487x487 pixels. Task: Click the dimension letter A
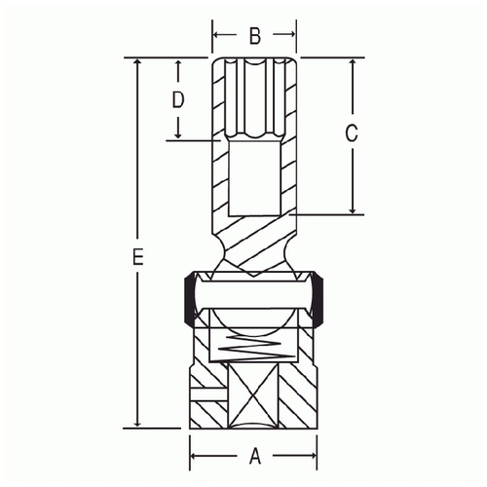pos(255,456)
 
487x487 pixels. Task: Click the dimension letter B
pos(255,36)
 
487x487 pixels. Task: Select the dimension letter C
pos(352,133)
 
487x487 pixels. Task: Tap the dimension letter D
pos(178,99)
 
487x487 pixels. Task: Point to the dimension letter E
pos(138,256)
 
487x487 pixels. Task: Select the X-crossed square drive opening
pos(253,395)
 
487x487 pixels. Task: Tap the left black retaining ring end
pos(188,299)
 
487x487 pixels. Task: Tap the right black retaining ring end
pos(318,299)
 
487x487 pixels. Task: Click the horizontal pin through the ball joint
pos(255,295)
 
